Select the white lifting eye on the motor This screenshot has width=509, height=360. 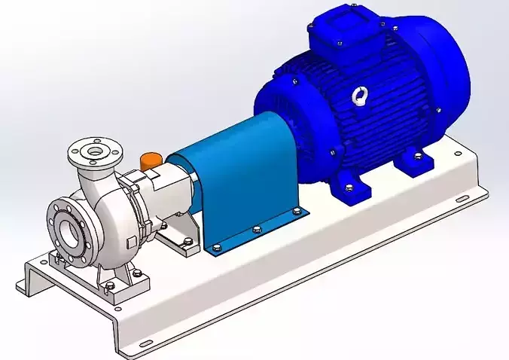point(359,96)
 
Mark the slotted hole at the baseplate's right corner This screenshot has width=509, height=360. point(457,199)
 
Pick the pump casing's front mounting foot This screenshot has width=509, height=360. point(113,290)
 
